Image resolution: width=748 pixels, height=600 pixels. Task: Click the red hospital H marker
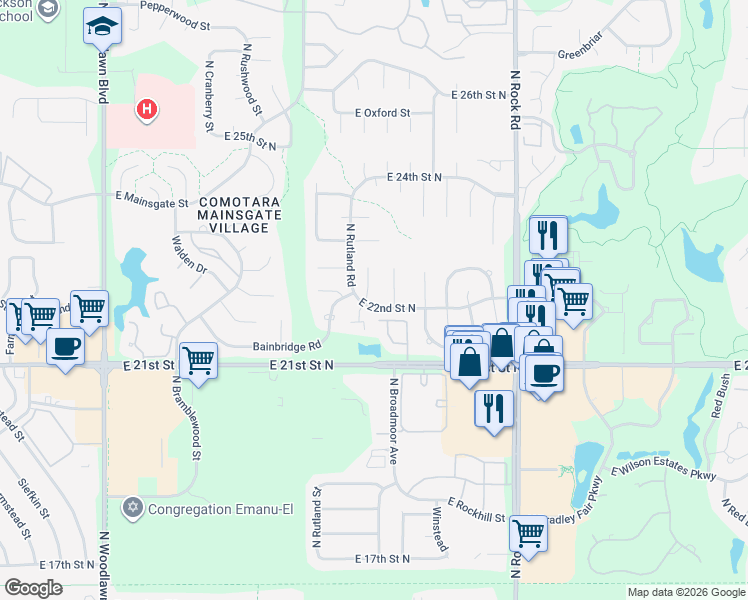[x=147, y=108]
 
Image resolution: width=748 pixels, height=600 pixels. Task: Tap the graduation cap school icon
[x=102, y=27]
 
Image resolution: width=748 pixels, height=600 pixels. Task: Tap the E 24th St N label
[x=415, y=177]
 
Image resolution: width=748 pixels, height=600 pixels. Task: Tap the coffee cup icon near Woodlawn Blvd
[x=66, y=346]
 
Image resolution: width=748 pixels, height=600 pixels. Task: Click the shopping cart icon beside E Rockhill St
[x=527, y=533]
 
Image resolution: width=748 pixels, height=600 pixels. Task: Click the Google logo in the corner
[x=34, y=587]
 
